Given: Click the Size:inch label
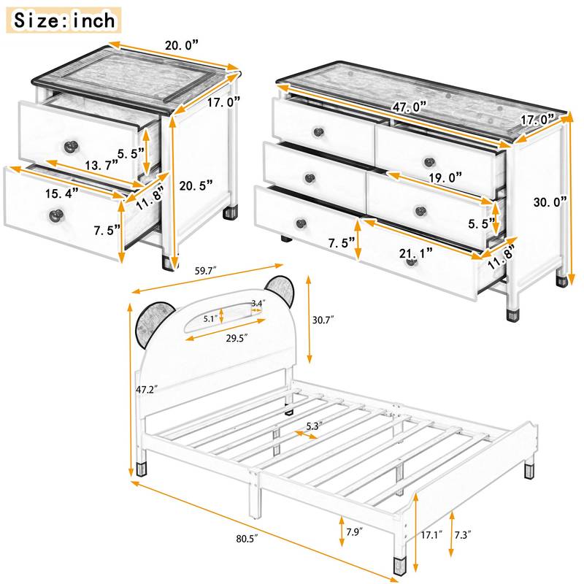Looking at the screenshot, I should pyautogui.click(x=65, y=20).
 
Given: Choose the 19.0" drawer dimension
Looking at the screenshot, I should pyautogui.click(x=441, y=177).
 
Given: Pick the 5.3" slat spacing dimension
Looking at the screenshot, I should pyautogui.click(x=315, y=426).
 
